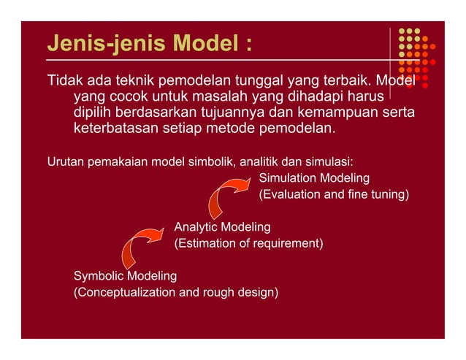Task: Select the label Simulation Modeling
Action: (314, 178)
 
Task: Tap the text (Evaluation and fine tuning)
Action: (334, 195)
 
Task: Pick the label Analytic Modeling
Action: (222, 227)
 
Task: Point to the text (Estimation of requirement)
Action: (248, 243)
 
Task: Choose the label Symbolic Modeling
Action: (126, 276)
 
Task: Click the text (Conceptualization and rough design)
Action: (176, 292)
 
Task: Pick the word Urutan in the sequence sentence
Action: (65, 161)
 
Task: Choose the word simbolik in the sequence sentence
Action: (205, 161)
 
